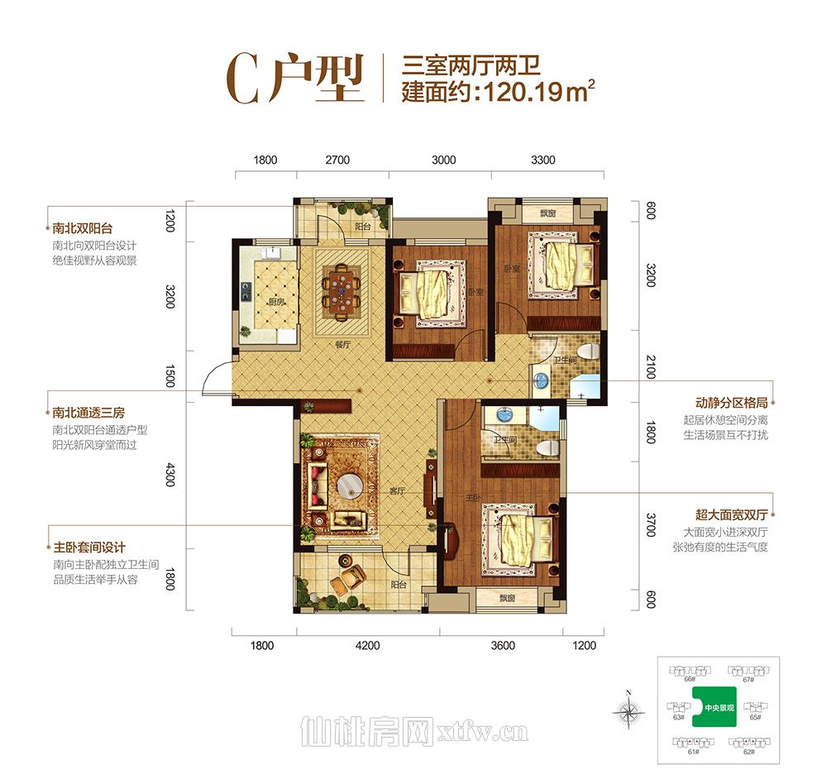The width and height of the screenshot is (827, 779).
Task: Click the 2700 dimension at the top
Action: click(x=337, y=160)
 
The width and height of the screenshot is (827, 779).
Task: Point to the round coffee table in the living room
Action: click(x=346, y=489)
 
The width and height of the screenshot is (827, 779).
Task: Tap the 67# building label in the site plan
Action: click(x=748, y=679)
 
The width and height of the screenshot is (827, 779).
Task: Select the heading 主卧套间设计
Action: click(x=88, y=547)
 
